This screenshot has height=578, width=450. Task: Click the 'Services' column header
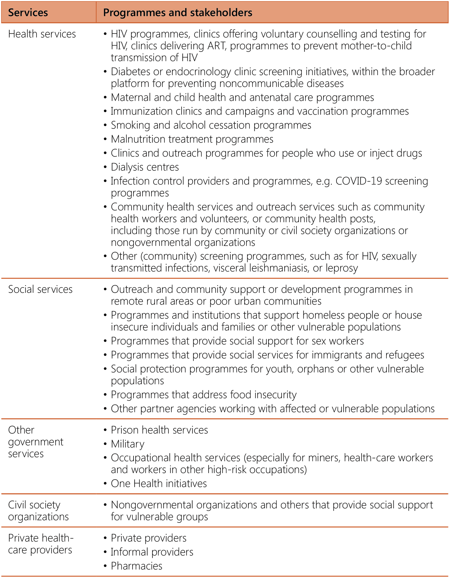coord(28,13)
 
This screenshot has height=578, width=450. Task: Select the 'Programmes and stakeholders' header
coord(178,13)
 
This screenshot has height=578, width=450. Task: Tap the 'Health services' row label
coord(42,34)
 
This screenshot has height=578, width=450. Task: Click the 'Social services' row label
coord(40,289)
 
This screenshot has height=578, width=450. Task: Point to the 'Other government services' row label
coord(35,442)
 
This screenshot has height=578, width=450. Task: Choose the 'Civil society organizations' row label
coord(38,511)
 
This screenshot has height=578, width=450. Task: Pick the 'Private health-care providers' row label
coord(41,544)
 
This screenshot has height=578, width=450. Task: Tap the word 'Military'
coord(127,444)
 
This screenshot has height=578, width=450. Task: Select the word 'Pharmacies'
coord(136,566)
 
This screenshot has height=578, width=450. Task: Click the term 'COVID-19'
coord(359,181)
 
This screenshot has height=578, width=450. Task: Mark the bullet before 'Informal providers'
coord(105,552)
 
